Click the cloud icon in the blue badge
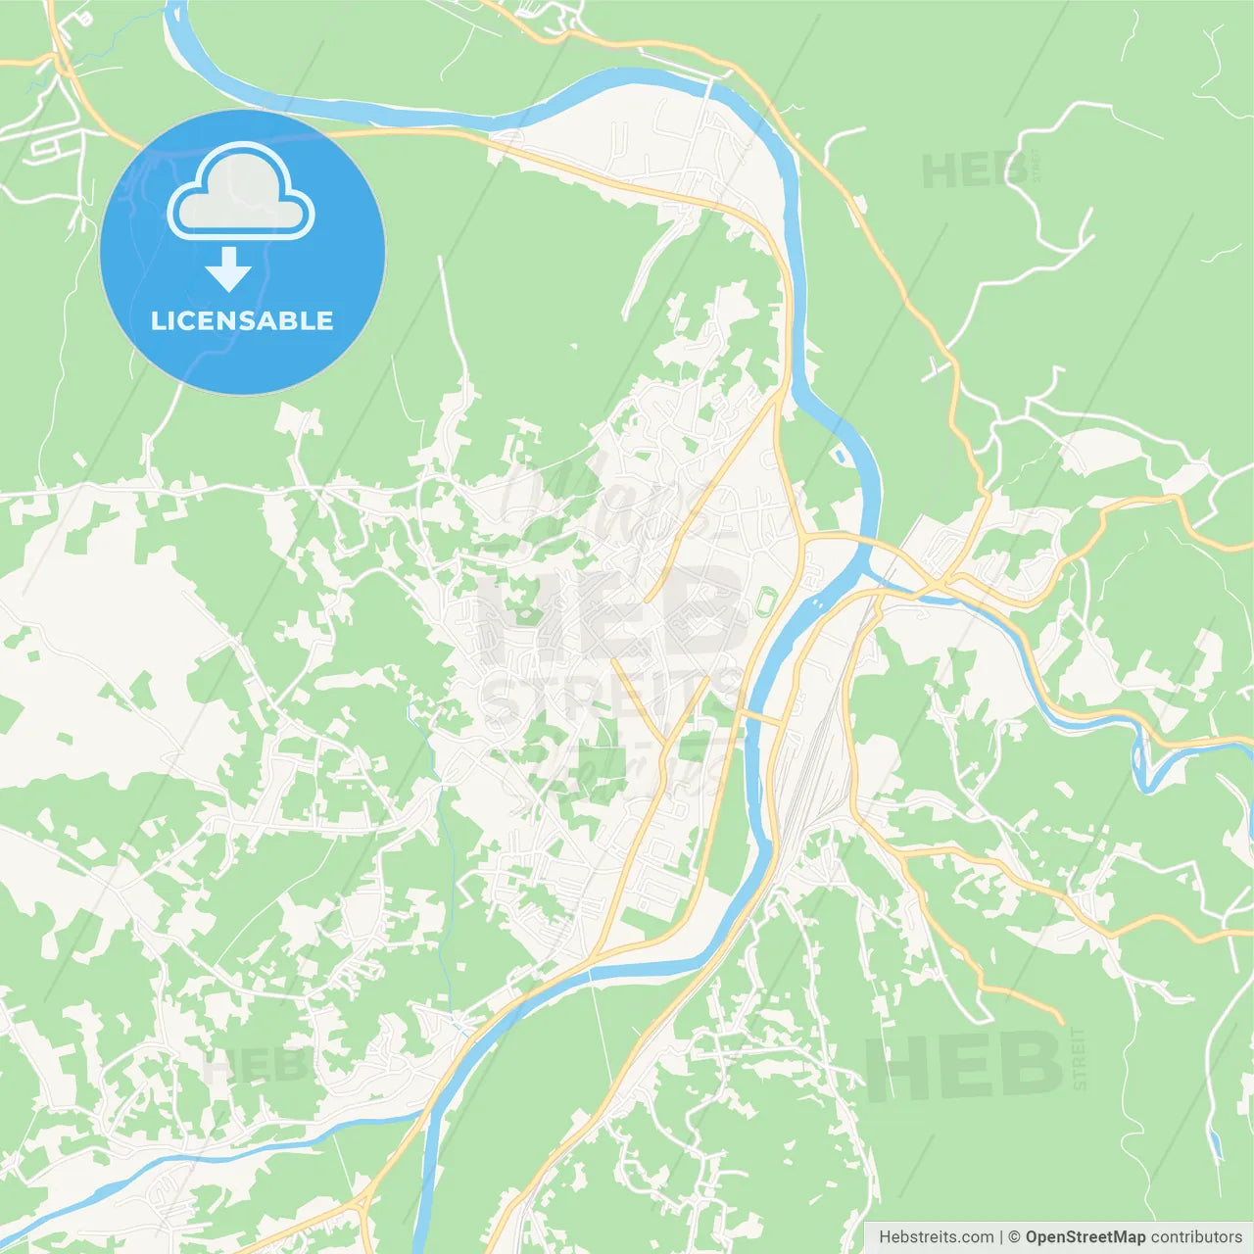[240, 192]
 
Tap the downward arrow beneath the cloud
[229, 268]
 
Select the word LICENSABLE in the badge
[242, 320]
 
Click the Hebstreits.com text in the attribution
[936, 1237]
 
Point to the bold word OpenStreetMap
[1085, 1237]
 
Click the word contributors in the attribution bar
[1196, 1237]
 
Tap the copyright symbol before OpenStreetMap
[1014, 1237]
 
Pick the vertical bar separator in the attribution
[1001, 1237]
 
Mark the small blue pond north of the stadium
[840, 455]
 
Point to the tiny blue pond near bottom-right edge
[1216, 1142]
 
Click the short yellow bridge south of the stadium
[761, 720]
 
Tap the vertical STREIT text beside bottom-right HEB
[1079, 1059]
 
